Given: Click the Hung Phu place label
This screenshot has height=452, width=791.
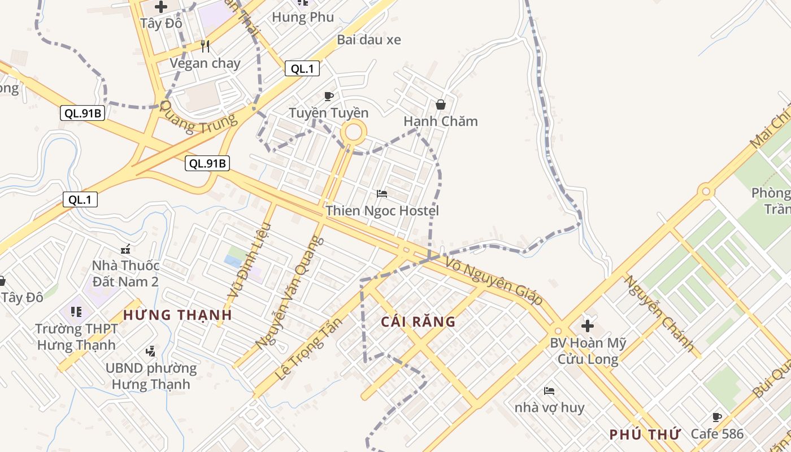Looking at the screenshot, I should [x=303, y=18].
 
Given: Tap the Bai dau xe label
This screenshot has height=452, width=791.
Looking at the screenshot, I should [x=369, y=40].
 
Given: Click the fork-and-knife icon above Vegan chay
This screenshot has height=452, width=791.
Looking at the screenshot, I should [x=205, y=46].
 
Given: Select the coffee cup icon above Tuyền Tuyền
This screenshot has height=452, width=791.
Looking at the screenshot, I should [x=329, y=96].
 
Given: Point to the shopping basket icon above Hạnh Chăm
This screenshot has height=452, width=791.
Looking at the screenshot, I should [x=441, y=105].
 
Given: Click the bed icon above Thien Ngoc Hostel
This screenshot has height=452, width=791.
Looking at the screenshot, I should [x=382, y=194].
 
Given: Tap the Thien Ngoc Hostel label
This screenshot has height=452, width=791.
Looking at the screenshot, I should [x=382, y=211].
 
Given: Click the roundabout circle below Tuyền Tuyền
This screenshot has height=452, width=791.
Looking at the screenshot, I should [x=353, y=133].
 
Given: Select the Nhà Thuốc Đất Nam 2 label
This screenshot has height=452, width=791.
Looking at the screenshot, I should [x=125, y=273].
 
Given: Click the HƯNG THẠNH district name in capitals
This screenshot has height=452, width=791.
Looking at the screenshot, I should [x=177, y=315].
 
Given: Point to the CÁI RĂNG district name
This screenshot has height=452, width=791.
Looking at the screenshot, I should [x=418, y=322].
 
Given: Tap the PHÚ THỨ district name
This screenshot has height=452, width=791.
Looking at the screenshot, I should [x=644, y=434].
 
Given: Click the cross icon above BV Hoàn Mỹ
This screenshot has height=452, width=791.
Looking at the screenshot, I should [x=588, y=325].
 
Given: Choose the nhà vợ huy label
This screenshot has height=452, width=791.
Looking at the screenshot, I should [x=549, y=407].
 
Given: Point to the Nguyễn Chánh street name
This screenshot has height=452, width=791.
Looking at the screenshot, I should [x=659, y=314].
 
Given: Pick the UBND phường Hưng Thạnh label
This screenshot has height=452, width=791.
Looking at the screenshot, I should [x=151, y=376].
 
